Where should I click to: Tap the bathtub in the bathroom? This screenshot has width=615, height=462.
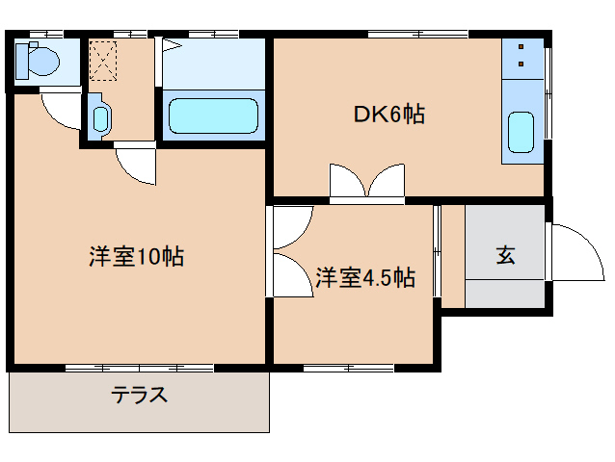(214, 115)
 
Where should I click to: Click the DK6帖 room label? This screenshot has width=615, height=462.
(388, 115)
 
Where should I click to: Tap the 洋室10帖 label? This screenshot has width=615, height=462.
(137, 258)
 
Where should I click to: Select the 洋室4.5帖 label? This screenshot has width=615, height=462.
(365, 279)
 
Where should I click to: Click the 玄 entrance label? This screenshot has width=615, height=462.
(505, 255)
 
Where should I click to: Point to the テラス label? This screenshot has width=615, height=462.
(140, 395)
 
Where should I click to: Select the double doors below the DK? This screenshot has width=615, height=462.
(366, 182)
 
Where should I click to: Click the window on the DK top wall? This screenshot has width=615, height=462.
(417, 36)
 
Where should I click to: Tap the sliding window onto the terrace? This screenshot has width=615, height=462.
(140, 368)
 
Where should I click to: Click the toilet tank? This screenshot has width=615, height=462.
(22, 63)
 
